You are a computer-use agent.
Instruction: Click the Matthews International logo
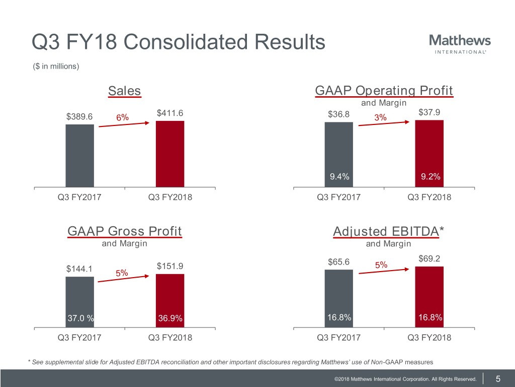(x=460, y=43)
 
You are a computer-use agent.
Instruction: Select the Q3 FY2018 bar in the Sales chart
(x=170, y=154)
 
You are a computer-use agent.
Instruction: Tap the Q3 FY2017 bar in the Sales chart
(x=79, y=155)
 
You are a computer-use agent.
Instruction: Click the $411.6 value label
(x=169, y=114)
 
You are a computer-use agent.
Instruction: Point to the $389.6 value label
(x=79, y=117)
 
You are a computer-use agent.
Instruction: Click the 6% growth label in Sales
(x=122, y=117)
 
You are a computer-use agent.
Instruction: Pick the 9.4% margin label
(x=339, y=176)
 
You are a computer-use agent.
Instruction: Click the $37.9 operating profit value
(x=429, y=112)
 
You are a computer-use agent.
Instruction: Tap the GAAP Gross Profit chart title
(x=124, y=231)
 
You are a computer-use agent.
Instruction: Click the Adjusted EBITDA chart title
(x=389, y=231)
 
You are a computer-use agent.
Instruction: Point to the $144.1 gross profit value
(x=79, y=269)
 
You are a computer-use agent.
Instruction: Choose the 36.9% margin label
(x=170, y=318)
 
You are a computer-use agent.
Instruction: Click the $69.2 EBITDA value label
(x=429, y=259)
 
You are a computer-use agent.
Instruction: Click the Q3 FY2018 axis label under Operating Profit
(x=429, y=198)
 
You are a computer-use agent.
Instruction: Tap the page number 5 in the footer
(x=497, y=379)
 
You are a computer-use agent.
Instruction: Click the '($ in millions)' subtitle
(x=55, y=66)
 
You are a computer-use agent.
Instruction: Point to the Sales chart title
(x=125, y=91)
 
